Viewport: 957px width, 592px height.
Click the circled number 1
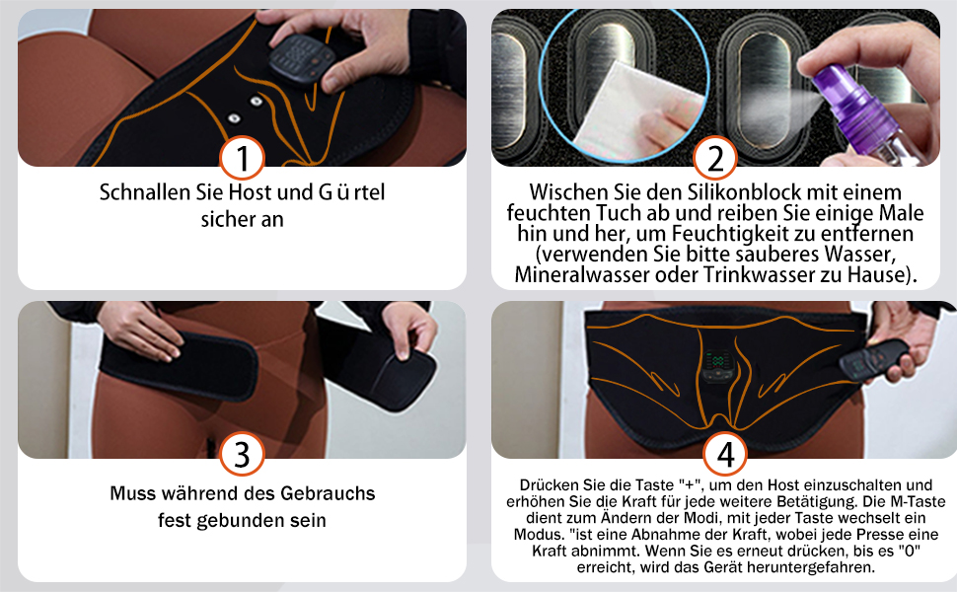pyautogui.click(x=242, y=158)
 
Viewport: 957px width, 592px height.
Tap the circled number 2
pyautogui.click(x=715, y=158)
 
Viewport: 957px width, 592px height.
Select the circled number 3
pyautogui.click(x=242, y=455)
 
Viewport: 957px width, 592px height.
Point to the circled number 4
pyautogui.click(x=725, y=455)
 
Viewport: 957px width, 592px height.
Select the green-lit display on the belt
pyautogui.click(x=714, y=360)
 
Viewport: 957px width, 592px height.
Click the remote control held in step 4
pyautogui.click(x=874, y=359)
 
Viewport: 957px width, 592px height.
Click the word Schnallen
pyautogui.click(x=145, y=192)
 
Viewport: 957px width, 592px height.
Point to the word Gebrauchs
pyautogui.click(x=328, y=493)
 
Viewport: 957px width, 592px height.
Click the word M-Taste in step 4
pyautogui.click(x=918, y=501)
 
